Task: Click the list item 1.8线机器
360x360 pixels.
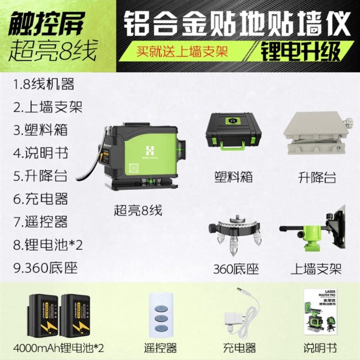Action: click(44, 84)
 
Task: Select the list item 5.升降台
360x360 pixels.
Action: click(40, 175)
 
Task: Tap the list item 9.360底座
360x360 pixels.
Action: click(45, 268)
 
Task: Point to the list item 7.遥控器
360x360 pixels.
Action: click(40, 221)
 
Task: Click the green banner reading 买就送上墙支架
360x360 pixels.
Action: click(183, 49)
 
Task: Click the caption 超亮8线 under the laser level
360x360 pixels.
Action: click(137, 210)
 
